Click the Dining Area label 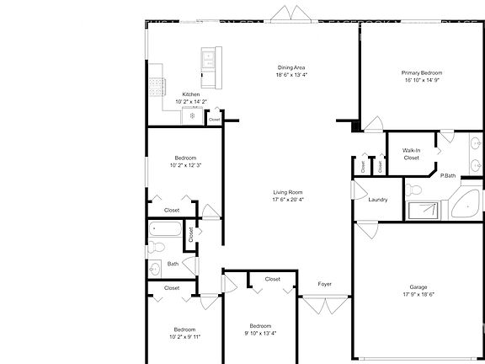pyautogui.click(x=291, y=67)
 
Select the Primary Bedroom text pyautogui.click(x=421, y=74)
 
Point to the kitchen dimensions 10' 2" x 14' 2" pyautogui.click(x=191, y=101)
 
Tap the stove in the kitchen pyautogui.click(x=156, y=84)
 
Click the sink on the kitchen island pyautogui.click(x=207, y=58)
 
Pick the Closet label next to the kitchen pyautogui.click(x=214, y=120)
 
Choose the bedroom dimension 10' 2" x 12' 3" pyautogui.click(x=185, y=165)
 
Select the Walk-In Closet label pyautogui.click(x=412, y=153)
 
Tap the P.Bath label pyautogui.click(x=448, y=175)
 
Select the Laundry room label pyautogui.click(x=378, y=200)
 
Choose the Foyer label pyautogui.click(x=324, y=284)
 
